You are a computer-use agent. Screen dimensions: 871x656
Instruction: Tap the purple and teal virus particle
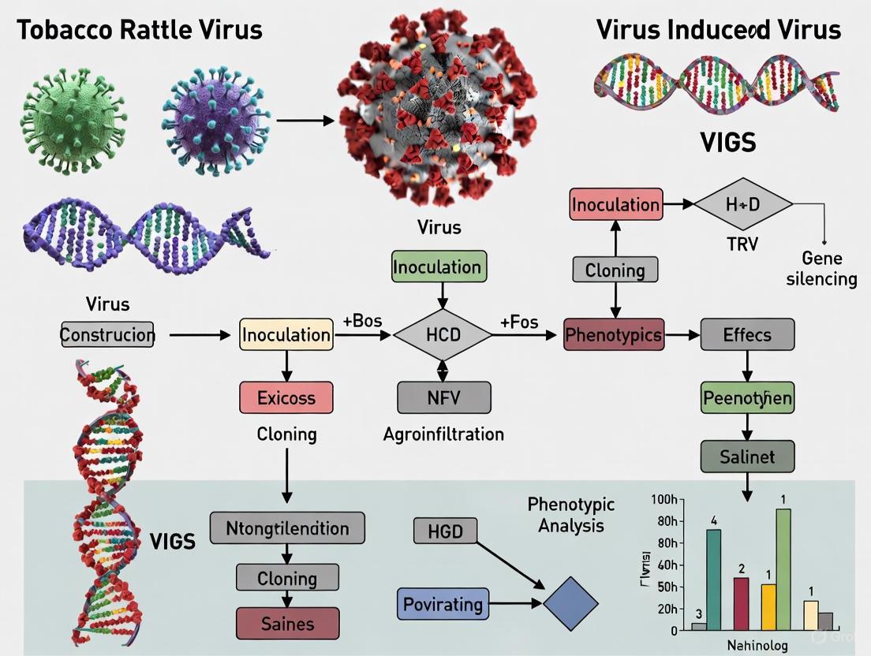pyautogui.click(x=211, y=121)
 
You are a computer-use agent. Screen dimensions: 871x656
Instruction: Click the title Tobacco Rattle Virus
pyautogui.click(x=139, y=31)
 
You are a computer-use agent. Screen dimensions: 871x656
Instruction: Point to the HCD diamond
pyautogui.click(x=442, y=334)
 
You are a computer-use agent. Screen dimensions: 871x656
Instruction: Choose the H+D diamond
pyautogui.click(x=742, y=204)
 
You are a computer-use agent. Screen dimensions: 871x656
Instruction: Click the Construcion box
pyautogui.click(x=108, y=334)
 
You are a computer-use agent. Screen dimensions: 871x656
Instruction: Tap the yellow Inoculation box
pyautogui.click(x=286, y=334)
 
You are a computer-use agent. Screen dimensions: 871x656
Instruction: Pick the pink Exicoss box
pyautogui.click(x=286, y=398)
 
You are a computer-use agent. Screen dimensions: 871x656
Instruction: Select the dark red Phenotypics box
pyautogui.click(x=614, y=334)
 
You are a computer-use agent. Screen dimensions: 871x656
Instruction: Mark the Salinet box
pyautogui.click(x=747, y=457)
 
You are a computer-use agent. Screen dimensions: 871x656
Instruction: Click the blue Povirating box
pyautogui.click(x=443, y=605)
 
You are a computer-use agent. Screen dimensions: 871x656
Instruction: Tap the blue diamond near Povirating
pyautogui.click(x=570, y=605)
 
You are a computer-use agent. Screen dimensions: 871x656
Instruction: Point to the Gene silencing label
pyautogui.click(x=822, y=268)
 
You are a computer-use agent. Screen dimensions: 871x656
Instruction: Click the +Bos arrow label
pyautogui.click(x=363, y=322)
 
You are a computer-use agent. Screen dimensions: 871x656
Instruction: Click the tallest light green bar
pyautogui.click(x=783, y=568)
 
